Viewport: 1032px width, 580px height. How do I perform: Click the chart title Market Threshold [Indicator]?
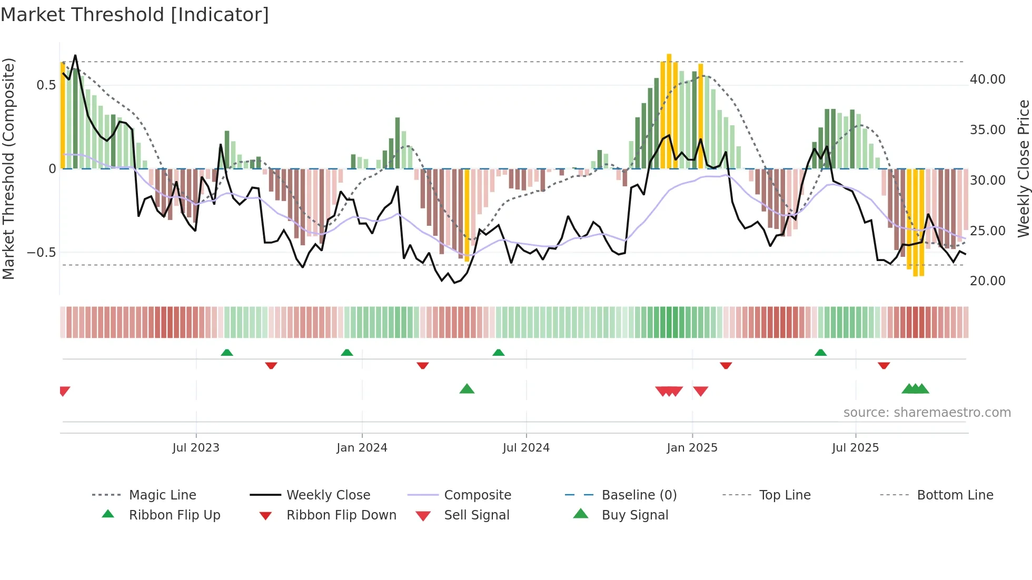(x=135, y=15)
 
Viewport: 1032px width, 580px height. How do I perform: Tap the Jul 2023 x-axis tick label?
(x=196, y=448)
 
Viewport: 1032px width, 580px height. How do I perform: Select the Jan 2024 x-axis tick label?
(x=362, y=448)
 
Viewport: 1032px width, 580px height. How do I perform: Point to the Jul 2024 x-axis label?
(x=526, y=448)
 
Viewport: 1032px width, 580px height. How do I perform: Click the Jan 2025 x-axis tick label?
(x=692, y=448)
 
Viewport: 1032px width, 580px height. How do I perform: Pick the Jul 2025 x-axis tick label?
(x=856, y=448)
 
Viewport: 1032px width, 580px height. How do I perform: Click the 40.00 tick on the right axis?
(x=987, y=79)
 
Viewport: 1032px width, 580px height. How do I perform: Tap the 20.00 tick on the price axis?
(x=987, y=281)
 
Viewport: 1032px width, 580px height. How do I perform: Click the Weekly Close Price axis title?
(x=1023, y=168)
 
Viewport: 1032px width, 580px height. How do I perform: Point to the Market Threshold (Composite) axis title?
(x=8, y=168)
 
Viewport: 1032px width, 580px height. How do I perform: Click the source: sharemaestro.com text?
(x=927, y=413)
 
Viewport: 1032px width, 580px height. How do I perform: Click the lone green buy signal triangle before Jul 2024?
(x=467, y=389)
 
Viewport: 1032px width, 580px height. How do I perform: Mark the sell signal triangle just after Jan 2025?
(x=701, y=391)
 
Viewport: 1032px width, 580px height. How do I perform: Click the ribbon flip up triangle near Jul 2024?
(x=499, y=353)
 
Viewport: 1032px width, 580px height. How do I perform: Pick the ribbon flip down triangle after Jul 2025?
(x=884, y=365)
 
